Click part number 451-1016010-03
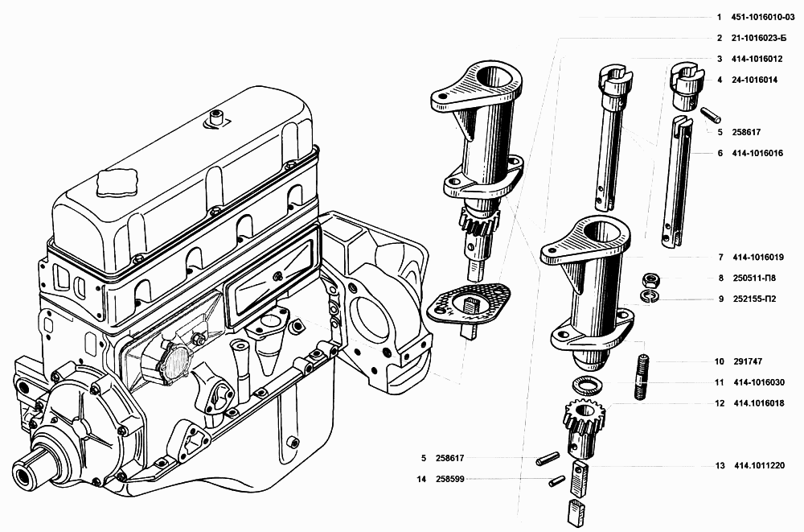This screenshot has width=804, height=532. point(763,18)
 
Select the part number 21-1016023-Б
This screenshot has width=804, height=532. point(758,38)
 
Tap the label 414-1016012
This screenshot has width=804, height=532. point(757,59)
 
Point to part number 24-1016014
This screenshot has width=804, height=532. point(754,80)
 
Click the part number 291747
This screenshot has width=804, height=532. point(748,361)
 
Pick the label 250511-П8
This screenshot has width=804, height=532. point(754,278)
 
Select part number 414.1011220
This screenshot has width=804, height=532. point(760,466)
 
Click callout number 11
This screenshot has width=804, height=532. point(720,382)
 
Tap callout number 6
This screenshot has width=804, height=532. point(720,153)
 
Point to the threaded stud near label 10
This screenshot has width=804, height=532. point(642,377)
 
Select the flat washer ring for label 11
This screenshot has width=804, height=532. point(587,385)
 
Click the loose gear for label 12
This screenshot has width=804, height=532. point(585,427)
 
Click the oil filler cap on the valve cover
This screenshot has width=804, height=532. point(117,183)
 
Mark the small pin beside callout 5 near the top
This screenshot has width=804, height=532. point(712,114)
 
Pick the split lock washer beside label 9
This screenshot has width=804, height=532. point(650,296)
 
